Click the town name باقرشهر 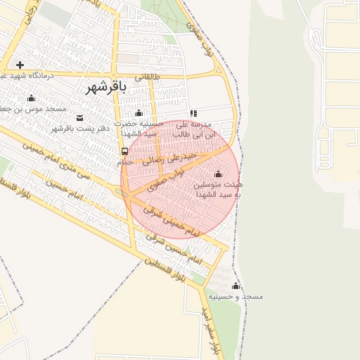105,87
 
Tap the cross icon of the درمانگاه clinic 20,65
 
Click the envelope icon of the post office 79,117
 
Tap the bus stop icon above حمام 124,151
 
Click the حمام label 124,162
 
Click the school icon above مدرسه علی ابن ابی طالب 193,113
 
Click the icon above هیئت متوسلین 217,174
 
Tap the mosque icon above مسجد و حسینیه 236,285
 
